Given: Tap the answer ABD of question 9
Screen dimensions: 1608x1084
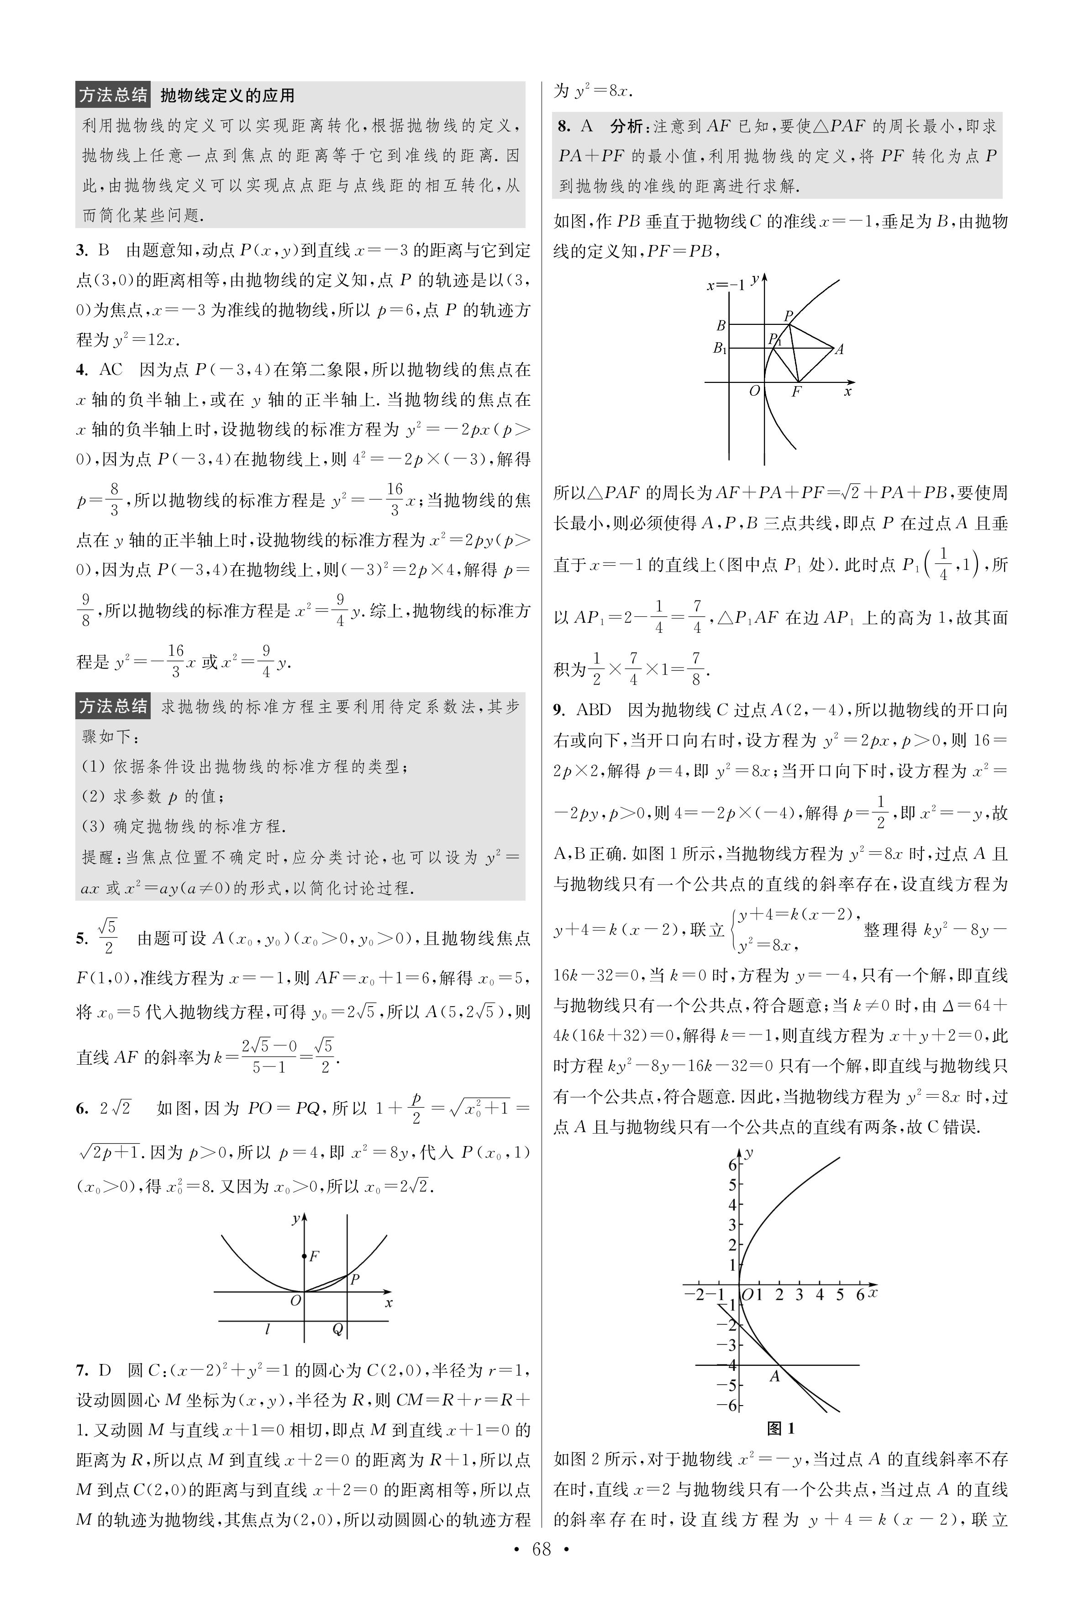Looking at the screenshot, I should [x=593, y=710].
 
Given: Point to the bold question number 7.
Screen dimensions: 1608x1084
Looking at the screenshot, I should [x=82, y=1370].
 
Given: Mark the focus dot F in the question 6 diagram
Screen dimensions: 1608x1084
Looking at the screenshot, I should [x=305, y=1255].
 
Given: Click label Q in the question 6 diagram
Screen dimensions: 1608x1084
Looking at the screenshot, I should [x=337, y=1329].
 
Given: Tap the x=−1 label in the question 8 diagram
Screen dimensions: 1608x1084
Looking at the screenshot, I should [x=725, y=286].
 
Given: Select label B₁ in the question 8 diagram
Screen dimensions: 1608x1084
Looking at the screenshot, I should [x=720, y=349].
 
